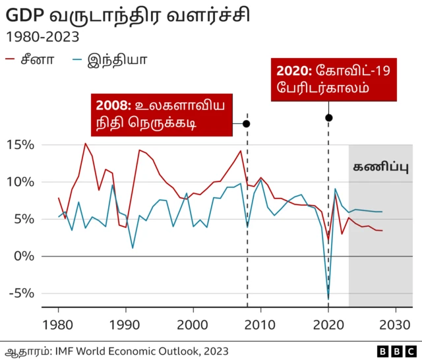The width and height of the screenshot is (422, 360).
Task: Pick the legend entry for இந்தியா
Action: [x=109, y=61]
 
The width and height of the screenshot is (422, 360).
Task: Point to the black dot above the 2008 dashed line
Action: [x=247, y=123]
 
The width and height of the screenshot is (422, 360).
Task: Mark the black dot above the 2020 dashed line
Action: [x=328, y=117]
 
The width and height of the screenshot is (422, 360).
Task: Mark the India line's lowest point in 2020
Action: [x=328, y=299]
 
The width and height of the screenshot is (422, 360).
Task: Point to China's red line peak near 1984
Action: [x=85, y=144]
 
